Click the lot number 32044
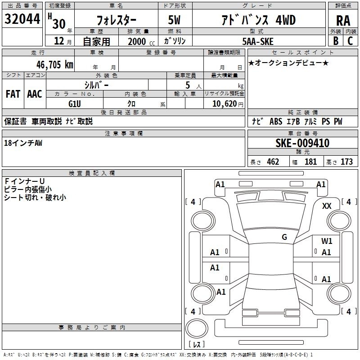(22, 19)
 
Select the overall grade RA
(343, 21)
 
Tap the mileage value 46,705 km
(54, 65)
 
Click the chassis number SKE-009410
(302, 143)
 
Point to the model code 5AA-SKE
(258, 41)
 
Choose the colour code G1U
(75, 104)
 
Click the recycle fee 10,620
(225, 104)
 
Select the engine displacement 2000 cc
(141, 41)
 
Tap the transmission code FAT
(13, 94)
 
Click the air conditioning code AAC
(35, 94)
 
